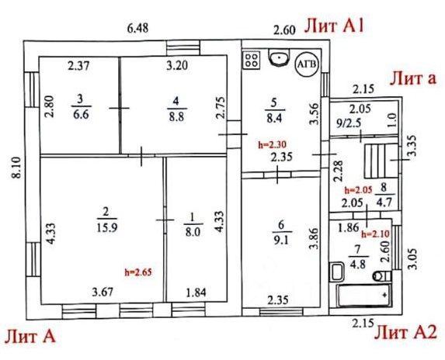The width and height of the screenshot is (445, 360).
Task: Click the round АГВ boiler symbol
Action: coord(308,64)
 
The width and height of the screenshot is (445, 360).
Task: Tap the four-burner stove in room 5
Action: coord(251,61)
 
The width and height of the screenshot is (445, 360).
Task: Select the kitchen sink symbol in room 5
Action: coord(279,57)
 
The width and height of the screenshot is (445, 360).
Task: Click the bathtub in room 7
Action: coord(364,296)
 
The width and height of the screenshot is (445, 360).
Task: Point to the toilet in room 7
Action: coord(382,275)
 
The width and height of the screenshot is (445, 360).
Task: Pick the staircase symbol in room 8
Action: coord(381,161)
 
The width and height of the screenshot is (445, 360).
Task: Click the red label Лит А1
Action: coord(334,26)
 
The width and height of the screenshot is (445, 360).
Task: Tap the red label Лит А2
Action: coord(405,332)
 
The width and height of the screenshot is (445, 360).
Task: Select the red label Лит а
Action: coord(412,78)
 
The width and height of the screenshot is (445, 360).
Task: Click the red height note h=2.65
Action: coord(138,272)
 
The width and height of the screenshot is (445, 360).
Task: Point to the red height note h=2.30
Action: coord(272,144)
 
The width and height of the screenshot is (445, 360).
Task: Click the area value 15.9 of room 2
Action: coord(106,227)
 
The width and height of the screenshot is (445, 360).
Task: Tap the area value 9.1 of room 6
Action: coord(281,241)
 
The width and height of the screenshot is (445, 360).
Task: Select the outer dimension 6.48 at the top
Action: coord(137,29)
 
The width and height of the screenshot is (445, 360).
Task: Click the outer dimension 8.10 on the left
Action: coord(17,168)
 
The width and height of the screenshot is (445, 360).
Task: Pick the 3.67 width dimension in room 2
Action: coord(103,292)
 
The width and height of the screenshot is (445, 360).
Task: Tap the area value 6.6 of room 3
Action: coord(81,115)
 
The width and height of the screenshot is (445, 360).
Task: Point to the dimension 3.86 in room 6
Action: coord(315,239)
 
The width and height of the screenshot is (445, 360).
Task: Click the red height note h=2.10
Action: coord(375,234)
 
